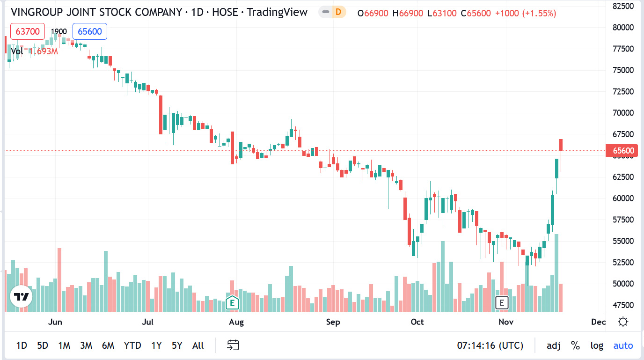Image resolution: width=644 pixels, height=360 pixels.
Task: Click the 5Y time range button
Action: click(x=177, y=345)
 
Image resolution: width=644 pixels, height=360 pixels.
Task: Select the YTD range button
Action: click(x=132, y=345)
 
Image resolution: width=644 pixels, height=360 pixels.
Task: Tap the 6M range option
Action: click(x=108, y=345)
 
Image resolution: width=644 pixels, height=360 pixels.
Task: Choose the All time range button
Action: click(x=198, y=345)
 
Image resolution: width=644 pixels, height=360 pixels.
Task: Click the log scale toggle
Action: click(x=597, y=345)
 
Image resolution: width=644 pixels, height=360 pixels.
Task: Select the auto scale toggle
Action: click(x=623, y=345)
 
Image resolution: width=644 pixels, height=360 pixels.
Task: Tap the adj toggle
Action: click(x=554, y=345)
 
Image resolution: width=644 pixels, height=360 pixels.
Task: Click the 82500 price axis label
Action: click(x=623, y=6)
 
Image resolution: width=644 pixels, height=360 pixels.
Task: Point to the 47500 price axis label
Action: click(x=623, y=305)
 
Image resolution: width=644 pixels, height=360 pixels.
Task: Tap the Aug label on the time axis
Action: click(x=236, y=322)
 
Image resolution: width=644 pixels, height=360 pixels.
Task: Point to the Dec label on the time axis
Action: click(x=598, y=322)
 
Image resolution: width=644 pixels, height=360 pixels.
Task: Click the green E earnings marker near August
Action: click(x=232, y=302)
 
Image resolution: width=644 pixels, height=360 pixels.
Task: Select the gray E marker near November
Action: click(x=502, y=302)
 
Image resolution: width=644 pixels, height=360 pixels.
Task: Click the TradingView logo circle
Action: click(x=21, y=297)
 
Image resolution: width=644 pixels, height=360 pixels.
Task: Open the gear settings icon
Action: click(x=623, y=322)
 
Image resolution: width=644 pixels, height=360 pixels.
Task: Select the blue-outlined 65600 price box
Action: click(x=90, y=31)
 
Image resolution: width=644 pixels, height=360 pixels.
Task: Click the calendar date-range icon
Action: click(x=233, y=345)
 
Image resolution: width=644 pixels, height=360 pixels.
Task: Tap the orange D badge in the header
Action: click(x=338, y=13)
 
